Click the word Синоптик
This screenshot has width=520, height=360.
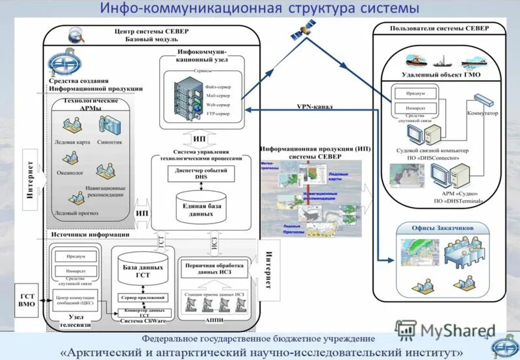click(x=109, y=140)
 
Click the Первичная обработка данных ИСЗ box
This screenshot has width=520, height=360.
click(x=214, y=269)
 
